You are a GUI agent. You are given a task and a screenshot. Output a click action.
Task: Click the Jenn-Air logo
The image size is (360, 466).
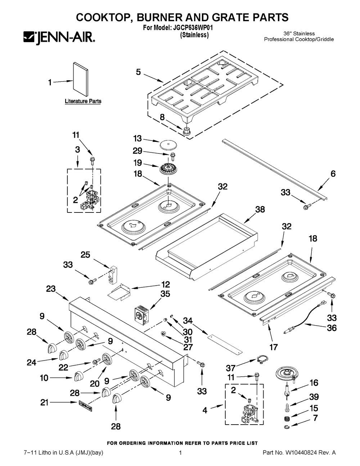(59, 37)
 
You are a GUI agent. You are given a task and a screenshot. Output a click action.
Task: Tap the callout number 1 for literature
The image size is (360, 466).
(50, 82)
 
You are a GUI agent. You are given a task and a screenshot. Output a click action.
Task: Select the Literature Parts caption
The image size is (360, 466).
(83, 101)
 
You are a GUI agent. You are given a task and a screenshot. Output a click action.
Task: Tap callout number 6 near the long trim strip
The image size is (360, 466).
(333, 174)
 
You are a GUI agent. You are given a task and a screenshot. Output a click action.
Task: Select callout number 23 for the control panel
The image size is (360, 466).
(51, 288)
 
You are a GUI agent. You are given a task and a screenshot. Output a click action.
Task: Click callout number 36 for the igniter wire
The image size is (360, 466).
(332, 328)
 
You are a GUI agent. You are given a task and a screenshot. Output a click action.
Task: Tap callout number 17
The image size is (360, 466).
(274, 347)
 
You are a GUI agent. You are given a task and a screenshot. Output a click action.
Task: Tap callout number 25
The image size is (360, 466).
(85, 255)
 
